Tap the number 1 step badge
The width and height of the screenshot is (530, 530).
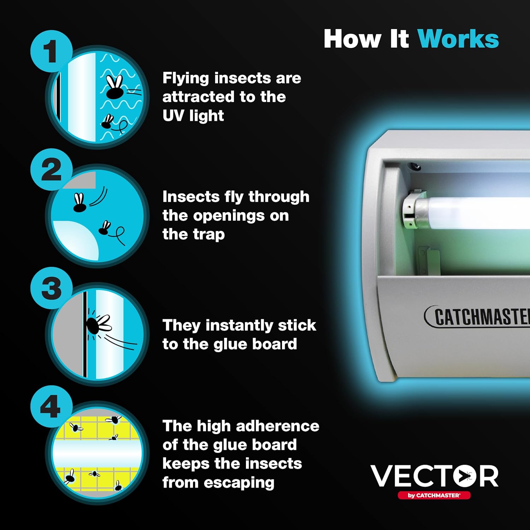pyautogui.click(x=52, y=51)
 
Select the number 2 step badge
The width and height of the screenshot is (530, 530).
pyautogui.click(x=52, y=170)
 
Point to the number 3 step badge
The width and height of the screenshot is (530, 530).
pyautogui.click(x=52, y=288)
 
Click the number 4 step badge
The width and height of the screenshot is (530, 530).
pyautogui.click(x=52, y=406)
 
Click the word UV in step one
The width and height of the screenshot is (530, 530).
pyautogui.click(x=173, y=116)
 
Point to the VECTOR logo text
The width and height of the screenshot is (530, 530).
pyautogui.click(x=434, y=476)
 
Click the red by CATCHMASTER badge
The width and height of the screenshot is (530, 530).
pyautogui.click(x=434, y=495)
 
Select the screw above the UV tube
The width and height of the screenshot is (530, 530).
pyautogui.click(x=413, y=165)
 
